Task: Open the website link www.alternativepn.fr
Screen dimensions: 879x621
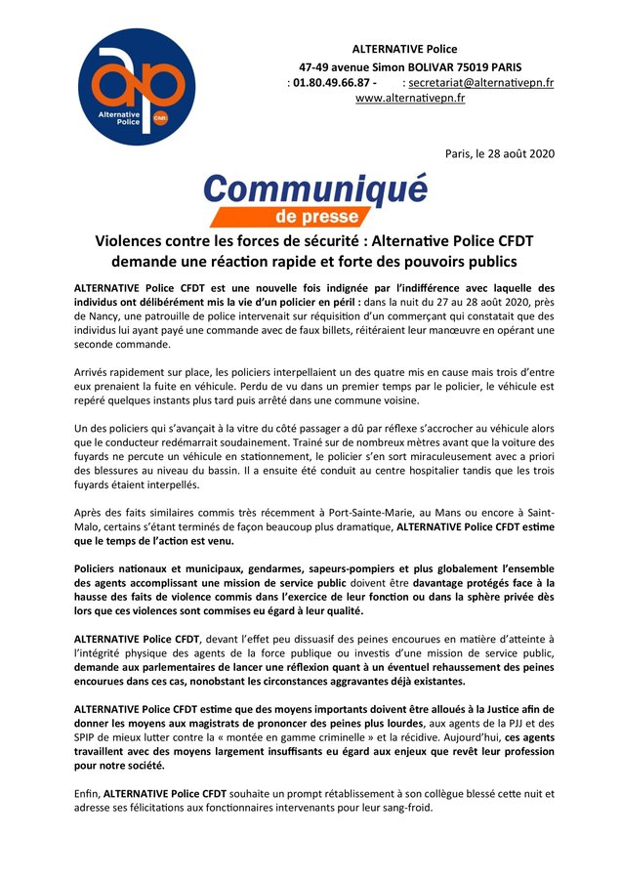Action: [x=409, y=99]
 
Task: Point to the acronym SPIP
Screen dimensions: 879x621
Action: [x=88, y=735]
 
